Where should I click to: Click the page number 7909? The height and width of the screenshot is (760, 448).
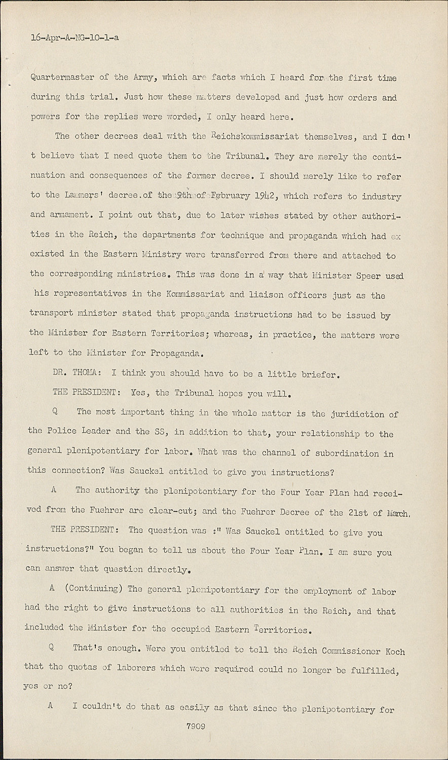click(196, 726)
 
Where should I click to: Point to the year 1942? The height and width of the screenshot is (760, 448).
click(266, 197)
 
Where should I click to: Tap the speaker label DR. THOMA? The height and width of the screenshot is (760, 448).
click(75, 373)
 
